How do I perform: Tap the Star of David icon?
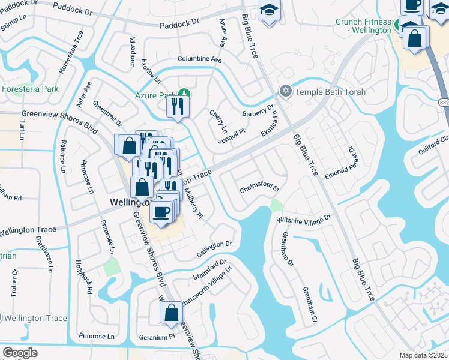[x=286, y=92]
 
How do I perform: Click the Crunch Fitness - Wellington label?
[x=363, y=26]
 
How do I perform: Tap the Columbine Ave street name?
[x=200, y=59]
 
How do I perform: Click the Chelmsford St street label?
[x=260, y=188]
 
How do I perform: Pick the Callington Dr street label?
[x=214, y=244]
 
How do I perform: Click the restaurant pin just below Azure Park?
[x=178, y=107]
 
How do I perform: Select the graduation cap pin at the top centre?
[x=270, y=10]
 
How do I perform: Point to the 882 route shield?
[x=443, y=102]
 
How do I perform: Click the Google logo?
[x=20, y=353]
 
